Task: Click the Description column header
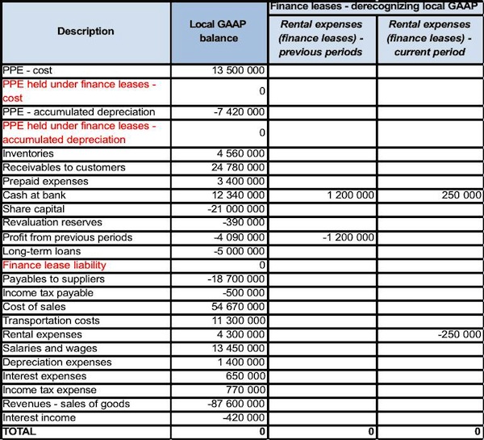86,31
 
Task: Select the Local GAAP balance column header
219,31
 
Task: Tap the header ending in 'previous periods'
322,38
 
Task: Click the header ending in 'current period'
430,38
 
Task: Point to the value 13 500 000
237,70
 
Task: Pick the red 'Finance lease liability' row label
55,265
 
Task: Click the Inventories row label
29,153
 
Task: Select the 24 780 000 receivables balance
237,167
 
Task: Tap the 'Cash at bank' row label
35,195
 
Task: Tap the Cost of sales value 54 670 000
237,307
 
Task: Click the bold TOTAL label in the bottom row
20,432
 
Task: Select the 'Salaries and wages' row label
50,348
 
